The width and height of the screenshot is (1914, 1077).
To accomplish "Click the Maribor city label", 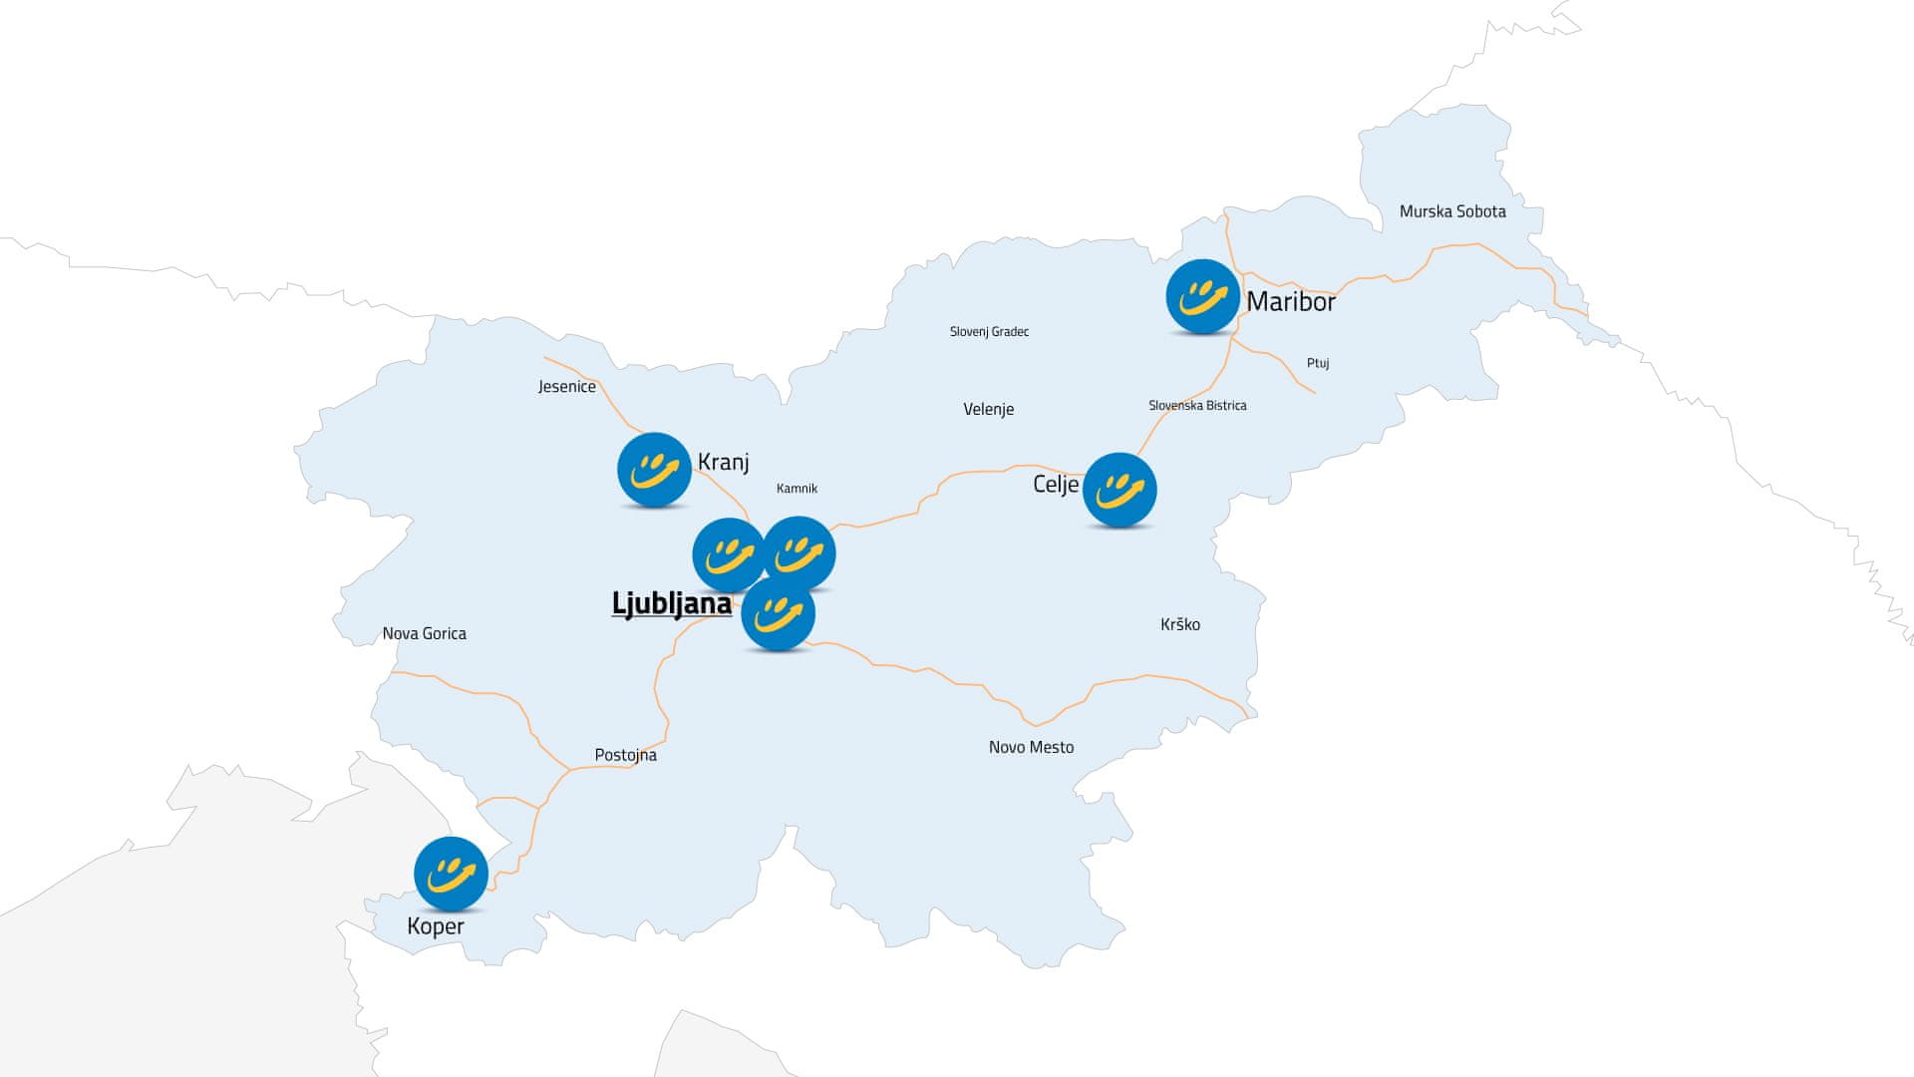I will click(x=1291, y=301).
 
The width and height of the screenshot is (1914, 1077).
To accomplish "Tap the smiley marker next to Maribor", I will click(x=1202, y=297).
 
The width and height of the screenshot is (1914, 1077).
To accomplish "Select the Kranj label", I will click(x=723, y=462).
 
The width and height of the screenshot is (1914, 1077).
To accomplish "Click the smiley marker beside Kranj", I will click(x=654, y=470).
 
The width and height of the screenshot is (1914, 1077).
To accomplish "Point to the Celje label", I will click(x=1055, y=485).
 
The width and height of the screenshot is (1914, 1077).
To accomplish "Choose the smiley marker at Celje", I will click(x=1119, y=491).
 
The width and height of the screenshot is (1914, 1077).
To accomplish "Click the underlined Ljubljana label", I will click(x=671, y=603).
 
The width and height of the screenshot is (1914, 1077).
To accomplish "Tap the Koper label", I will click(x=436, y=926).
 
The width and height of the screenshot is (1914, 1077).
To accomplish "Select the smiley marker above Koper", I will click(x=451, y=875).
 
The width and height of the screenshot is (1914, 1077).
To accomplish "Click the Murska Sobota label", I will click(x=1452, y=211).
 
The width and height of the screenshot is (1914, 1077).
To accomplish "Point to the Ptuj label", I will click(x=1318, y=363).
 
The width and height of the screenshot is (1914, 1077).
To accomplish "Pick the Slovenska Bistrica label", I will click(x=1197, y=406).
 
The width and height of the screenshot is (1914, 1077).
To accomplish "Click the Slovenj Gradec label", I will click(x=989, y=332).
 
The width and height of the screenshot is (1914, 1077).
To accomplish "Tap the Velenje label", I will click(x=988, y=409).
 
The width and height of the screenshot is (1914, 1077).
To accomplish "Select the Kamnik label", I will click(x=797, y=489).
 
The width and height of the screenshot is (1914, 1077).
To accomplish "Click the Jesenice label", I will click(x=566, y=387).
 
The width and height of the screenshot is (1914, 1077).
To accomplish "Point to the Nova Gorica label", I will click(x=424, y=633).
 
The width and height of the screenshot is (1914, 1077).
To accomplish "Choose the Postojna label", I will click(x=625, y=755).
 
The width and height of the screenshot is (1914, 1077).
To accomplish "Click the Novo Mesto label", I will click(x=1031, y=747).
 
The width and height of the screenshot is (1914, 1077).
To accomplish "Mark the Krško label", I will click(x=1180, y=624).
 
